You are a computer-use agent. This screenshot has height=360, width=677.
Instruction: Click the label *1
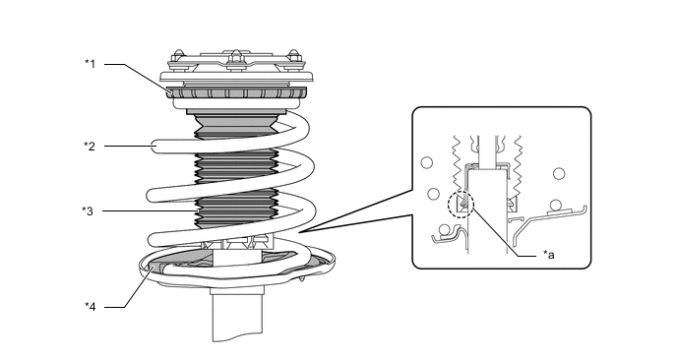point(90,64)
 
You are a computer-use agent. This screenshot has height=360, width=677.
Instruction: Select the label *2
point(90,146)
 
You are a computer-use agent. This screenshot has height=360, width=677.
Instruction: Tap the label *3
point(88,211)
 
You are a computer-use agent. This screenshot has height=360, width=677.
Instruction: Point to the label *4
point(91,307)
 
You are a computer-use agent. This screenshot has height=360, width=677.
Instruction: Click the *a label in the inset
point(549,255)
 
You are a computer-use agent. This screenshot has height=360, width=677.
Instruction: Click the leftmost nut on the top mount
point(178,57)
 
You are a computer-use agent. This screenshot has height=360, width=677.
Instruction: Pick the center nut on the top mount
point(235,57)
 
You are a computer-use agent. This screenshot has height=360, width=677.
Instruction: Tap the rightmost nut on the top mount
point(294,56)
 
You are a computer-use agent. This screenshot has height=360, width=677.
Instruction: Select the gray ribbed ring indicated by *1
point(236,92)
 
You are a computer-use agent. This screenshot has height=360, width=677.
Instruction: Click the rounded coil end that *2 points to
point(158,146)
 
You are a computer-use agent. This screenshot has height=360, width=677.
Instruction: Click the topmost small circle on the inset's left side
point(427,162)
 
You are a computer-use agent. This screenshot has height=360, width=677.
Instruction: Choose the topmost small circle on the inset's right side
point(559,173)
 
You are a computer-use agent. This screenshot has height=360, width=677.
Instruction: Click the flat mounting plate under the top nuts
point(236,77)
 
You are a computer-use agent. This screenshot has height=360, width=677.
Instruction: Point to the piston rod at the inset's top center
point(487,150)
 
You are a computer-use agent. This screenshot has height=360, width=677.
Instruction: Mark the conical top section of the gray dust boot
point(236,122)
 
